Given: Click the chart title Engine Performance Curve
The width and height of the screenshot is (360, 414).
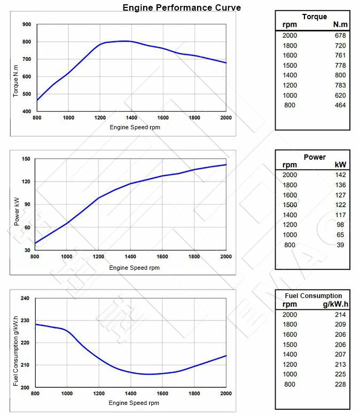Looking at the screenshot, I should pos(182,8).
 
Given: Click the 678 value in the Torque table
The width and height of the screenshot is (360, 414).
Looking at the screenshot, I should pos(340,36).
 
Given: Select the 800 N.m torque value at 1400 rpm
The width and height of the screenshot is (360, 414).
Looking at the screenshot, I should pos(340,76).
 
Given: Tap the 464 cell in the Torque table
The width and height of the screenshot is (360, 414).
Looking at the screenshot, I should pos(340,105).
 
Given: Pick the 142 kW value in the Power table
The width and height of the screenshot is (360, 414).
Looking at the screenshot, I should pos(340,175).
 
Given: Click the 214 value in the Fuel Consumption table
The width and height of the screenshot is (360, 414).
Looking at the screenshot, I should pos(340,315).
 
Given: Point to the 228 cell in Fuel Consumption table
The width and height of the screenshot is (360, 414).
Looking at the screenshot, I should pos(340,384).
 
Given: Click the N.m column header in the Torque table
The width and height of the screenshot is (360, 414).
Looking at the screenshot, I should pos(340,25).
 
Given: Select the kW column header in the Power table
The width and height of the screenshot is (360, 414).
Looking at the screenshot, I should pos(340,165).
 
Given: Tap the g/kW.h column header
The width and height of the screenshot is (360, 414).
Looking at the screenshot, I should pos(335,304).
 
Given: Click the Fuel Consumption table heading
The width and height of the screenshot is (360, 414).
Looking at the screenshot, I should pos(313,296).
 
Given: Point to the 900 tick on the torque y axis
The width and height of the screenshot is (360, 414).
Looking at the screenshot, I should pos(27,25).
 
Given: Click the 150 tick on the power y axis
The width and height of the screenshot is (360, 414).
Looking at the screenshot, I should pos(26,159).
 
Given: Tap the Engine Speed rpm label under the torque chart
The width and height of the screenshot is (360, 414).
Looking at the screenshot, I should pos(135,128).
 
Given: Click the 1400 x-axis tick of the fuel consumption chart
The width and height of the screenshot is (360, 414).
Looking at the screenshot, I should pos(130,394).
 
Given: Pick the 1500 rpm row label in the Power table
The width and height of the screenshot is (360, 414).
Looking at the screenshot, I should pos(289,205).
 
